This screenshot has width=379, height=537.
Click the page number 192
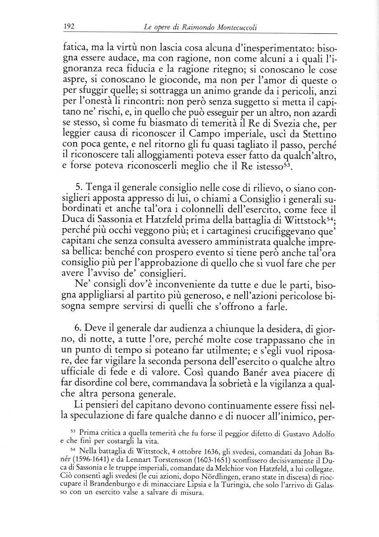(68, 27)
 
